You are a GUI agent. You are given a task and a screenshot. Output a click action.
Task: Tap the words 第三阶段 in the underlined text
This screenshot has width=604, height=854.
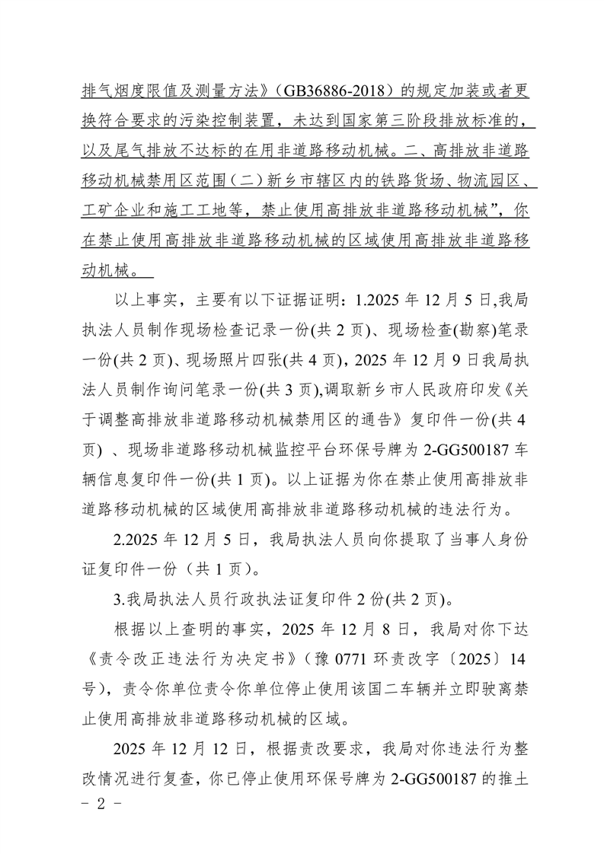(x=397, y=119)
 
